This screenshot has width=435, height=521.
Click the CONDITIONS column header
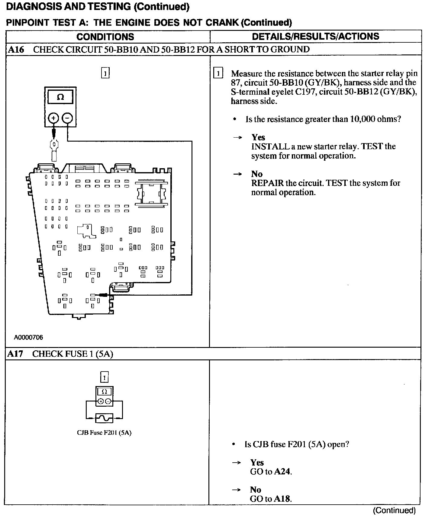105,37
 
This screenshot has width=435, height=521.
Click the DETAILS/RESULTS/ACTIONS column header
315,37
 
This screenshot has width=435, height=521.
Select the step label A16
16,50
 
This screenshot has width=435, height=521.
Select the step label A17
15,354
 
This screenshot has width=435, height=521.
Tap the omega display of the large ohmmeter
60,97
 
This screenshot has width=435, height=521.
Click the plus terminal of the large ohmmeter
53,118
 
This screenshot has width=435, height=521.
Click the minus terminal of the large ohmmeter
67,118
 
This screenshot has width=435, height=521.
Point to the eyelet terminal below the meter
54,148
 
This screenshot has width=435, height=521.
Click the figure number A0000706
28,337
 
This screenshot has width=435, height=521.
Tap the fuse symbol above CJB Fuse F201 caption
104,418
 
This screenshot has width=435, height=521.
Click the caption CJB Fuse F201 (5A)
104,433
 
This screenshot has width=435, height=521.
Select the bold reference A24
283,471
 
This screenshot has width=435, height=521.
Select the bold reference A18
282,499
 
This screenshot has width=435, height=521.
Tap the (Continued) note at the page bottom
394,511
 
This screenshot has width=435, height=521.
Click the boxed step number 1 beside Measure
218,74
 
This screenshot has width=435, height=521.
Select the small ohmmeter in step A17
104,396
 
